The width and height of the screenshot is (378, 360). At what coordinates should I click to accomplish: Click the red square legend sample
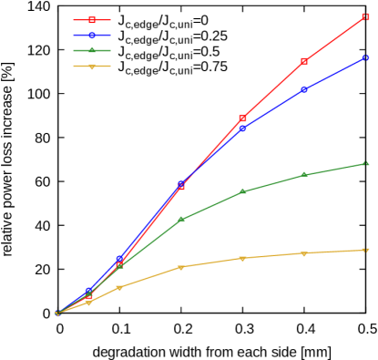(x=92, y=19)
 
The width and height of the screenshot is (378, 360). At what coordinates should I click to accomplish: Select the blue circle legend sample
(x=92, y=35)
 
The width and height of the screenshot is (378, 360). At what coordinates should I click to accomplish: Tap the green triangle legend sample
(x=92, y=50)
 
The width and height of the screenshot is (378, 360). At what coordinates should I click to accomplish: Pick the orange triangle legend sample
(x=92, y=66)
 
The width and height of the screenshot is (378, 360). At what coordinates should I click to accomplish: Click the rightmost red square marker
(x=365, y=16)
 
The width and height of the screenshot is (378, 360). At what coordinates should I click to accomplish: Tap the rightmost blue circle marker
(x=365, y=57)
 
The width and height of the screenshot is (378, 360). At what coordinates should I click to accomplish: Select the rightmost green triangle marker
(x=365, y=163)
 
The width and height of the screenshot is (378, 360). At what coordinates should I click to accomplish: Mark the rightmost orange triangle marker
(x=365, y=250)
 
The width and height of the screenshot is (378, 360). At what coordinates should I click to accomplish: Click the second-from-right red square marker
(x=303, y=61)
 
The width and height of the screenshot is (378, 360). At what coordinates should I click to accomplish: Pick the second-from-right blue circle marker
(x=303, y=89)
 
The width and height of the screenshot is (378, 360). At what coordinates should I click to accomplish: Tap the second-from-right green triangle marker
(x=303, y=174)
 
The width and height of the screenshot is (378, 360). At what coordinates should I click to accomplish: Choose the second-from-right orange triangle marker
(x=303, y=253)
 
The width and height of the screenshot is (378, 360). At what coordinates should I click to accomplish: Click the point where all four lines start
(x=57, y=314)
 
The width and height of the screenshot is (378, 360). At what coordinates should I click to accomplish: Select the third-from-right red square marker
(x=242, y=118)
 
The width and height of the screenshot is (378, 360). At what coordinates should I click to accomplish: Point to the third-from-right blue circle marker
(x=242, y=128)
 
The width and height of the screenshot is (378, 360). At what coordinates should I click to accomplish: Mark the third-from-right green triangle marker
(x=242, y=191)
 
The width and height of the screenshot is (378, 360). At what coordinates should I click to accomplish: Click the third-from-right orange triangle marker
(x=242, y=258)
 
